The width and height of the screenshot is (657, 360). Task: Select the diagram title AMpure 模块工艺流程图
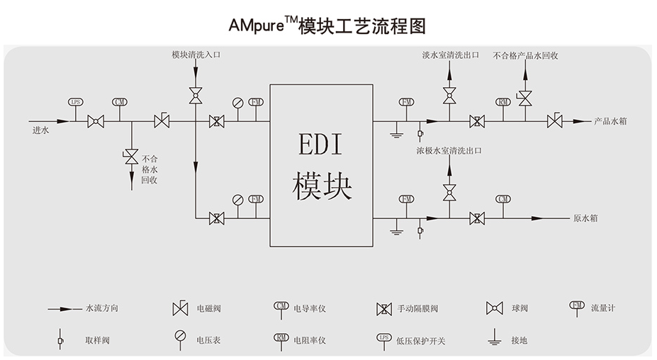coord(327,26)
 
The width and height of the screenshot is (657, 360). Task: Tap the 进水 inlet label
coord(40,130)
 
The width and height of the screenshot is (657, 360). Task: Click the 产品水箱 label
coord(610,121)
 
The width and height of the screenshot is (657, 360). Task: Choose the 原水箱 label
coord(585,218)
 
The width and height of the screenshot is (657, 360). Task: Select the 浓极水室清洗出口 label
coord(449,151)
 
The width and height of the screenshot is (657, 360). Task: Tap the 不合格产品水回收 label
coord(525,55)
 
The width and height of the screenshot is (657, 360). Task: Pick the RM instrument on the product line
coord(504,102)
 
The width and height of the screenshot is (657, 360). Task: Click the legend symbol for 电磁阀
coord(180,308)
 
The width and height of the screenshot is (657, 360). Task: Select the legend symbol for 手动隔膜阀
coord(384,308)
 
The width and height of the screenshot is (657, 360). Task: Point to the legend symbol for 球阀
coord(494,308)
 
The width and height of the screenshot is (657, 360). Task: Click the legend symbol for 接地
coord(494,339)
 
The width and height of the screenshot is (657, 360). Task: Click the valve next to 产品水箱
coord(554,121)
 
